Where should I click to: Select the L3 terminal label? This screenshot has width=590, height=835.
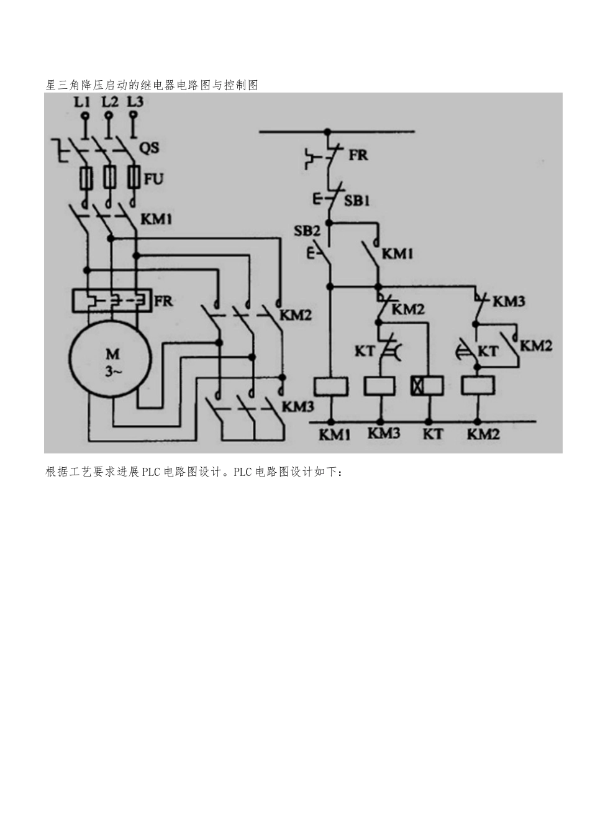pos(135,102)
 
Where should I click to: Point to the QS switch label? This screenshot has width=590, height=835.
pos(149,147)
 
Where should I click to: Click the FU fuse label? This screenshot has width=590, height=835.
pos(153,179)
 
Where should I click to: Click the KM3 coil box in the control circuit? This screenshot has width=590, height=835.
pos(378,386)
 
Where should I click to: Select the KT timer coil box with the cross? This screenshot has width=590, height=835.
pos(427,386)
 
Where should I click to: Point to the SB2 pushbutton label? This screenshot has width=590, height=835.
pos(307,231)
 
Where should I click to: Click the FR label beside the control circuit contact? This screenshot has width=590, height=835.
pos(358,155)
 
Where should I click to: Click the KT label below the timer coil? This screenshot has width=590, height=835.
pos(433,434)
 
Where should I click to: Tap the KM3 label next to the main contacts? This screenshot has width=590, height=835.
pos(298,407)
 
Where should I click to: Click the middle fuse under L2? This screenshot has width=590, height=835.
pos(109,178)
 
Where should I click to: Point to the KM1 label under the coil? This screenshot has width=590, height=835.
pos(335,434)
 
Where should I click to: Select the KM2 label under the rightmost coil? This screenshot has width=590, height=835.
pos(483,434)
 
